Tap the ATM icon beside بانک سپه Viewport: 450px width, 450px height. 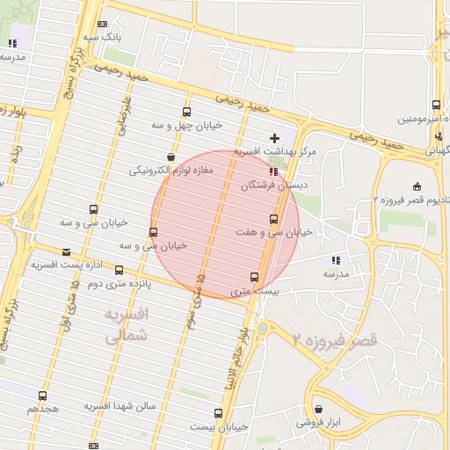tap(104, 25)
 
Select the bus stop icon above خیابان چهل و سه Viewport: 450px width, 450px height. tap(185, 112)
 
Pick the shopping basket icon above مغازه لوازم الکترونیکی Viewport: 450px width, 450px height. tap(169, 156)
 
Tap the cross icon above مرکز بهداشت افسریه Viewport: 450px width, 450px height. tap(275, 138)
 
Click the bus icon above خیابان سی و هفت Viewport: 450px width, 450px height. tap(272, 219)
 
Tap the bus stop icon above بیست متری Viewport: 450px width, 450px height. tap(255, 277)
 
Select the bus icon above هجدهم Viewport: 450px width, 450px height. tap(42, 396)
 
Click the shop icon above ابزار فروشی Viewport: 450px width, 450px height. tap(318, 410)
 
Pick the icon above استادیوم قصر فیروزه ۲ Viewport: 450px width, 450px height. tap(416, 185)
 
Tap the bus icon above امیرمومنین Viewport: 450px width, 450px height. tap(437, 105)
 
